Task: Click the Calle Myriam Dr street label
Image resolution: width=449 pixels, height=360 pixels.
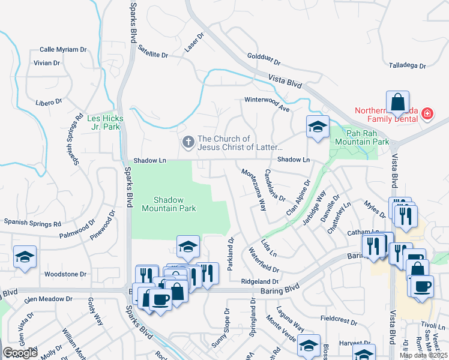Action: pyautogui.click(x=62, y=50)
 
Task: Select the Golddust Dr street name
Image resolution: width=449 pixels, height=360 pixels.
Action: pyautogui.click(x=264, y=61)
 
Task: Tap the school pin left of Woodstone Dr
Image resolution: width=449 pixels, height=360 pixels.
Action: pyautogui.click(x=25, y=257)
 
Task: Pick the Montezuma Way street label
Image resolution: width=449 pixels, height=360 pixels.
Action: pyautogui.click(x=254, y=190)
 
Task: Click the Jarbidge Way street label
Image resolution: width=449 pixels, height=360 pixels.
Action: pyautogui.click(x=313, y=207)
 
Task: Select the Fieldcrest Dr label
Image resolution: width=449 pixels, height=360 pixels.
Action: pyautogui.click(x=339, y=318)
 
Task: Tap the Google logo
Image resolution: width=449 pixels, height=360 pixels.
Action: pyautogui.click(x=20, y=353)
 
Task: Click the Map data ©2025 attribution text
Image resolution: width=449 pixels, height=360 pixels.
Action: pyautogui.click(x=423, y=355)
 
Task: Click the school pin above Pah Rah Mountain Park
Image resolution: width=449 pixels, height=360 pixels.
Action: pyautogui.click(x=318, y=127)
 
